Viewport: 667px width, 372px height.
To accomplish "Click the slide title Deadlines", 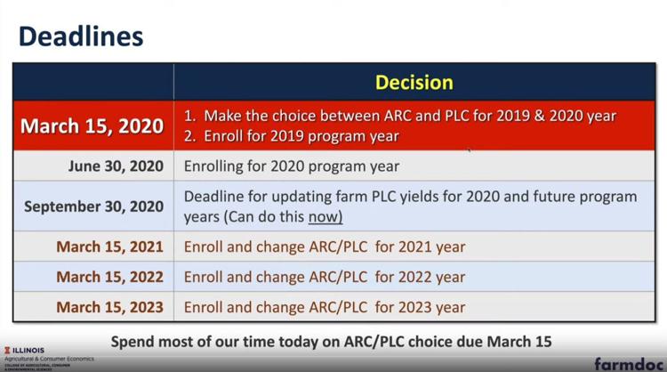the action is pyautogui.click(x=81, y=36).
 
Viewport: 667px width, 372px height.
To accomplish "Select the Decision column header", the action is pyautogui.click(x=414, y=83).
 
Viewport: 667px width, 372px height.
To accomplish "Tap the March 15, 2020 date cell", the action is pyautogui.click(x=92, y=126).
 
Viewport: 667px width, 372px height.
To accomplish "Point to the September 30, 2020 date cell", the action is pyautogui.click(x=93, y=206).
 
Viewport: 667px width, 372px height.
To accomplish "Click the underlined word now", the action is pyautogui.click(x=325, y=217).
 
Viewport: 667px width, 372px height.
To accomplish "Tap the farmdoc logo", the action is pyautogui.click(x=629, y=364).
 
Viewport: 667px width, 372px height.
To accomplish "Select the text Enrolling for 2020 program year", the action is pyautogui.click(x=292, y=166).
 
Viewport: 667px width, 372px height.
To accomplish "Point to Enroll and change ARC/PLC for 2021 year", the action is pyautogui.click(x=325, y=247).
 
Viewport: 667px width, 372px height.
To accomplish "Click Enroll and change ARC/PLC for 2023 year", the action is pyautogui.click(x=325, y=307).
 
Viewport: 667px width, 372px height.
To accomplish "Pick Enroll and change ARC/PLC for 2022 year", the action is pyautogui.click(x=325, y=277).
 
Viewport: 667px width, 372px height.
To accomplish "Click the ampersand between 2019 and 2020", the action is pyautogui.click(x=540, y=117).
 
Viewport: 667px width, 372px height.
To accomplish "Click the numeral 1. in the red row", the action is pyautogui.click(x=189, y=117).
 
